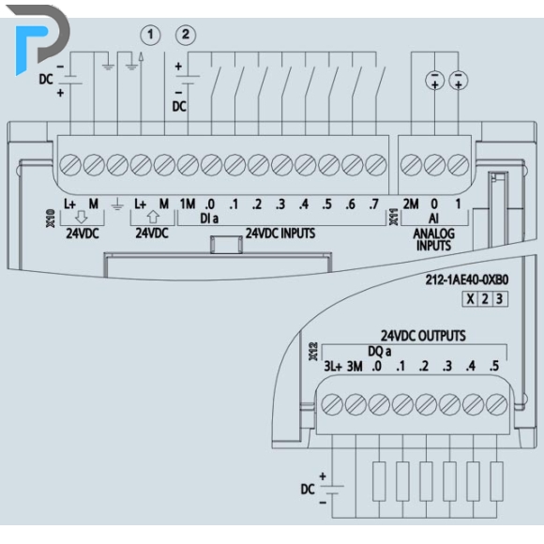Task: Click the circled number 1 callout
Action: coord(150,35)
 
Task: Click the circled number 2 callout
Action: coord(186,35)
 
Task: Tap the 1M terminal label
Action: coord(188,204)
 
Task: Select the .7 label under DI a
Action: coord(373,204)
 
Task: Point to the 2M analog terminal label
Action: coord(411,204)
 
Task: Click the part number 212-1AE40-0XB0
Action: coord(467,280)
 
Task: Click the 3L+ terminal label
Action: coord(333,366)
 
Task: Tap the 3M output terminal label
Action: coord(355,366)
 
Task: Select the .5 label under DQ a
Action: coord(494,366)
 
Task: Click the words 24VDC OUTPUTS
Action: coord(423,336)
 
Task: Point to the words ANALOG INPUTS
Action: coord(433,239)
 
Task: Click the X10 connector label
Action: coord(51,219)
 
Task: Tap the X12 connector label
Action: coord(313,351)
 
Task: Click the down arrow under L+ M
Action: coord(82,217)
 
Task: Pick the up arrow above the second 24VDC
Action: coord(153,217)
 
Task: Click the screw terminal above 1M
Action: coord(188,164)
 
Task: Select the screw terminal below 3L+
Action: coord(332,404)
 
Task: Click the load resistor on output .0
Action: coord(379,481)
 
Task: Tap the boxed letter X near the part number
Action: coord(470,298)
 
